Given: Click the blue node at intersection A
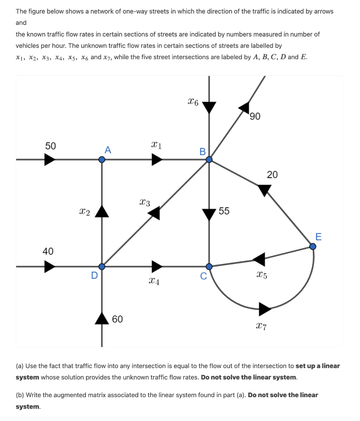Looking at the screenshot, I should (x=102, y=160).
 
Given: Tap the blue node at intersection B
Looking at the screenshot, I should (x=209, y=160).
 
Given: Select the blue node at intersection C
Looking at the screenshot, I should (x=209, y=267).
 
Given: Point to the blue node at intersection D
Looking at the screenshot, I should (x=102, y=267).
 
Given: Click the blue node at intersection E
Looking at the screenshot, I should (x=313, y=246).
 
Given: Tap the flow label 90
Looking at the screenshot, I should (x=255, y=117).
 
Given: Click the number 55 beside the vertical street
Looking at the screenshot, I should (x=224, y=211).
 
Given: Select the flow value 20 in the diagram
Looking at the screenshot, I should (x=272, y=175).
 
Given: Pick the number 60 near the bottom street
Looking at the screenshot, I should (x=117, y=319).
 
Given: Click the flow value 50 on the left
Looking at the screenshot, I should (x=51, y=146).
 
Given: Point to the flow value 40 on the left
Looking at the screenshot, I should (x=48, y=251).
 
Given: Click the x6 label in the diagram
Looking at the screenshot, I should (x=193, y=101).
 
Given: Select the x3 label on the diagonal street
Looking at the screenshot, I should (x=145, y=202).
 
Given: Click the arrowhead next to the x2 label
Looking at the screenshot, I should (x=102, y=211).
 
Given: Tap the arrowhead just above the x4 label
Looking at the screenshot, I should (x=157, y=266).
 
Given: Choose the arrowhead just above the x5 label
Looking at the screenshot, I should (x=259, y=259).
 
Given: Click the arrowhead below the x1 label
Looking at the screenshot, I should (x=157, y=160).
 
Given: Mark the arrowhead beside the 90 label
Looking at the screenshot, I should (x=244, y=107).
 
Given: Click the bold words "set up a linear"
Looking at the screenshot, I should (x=318, y=366).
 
